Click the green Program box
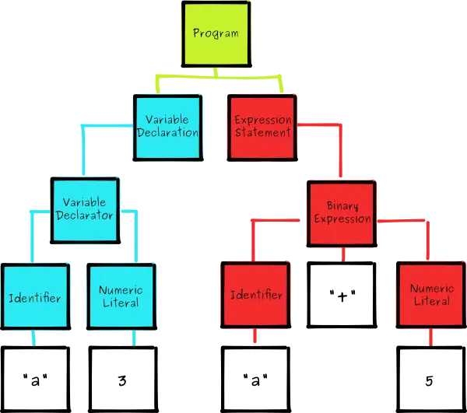click(x=216, y=34)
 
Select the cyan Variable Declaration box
click(x=167, y=127)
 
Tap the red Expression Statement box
click(x=263, y=127)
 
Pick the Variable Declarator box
click(x=85, y=210)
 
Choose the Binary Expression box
click(x=342, y=213)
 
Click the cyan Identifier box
click(x=34, y=297)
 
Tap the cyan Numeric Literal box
click(x=120, y=296)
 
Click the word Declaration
click(x=167, y=133)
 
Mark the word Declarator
click(x=85, y=215)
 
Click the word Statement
click(x=263, y=133)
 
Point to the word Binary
click(x=342, y=207)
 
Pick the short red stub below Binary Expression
click(x=342, y=254)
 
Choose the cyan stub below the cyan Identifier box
click(x=33, y=338)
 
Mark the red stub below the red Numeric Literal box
click(x=431, y=337)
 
